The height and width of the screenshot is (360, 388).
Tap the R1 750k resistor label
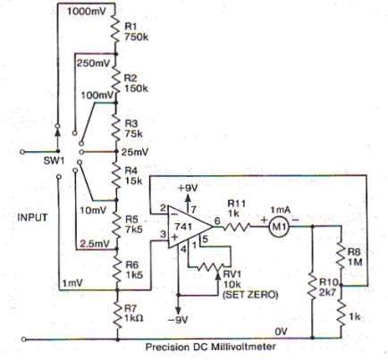pos(136,32)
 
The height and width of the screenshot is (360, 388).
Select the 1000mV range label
pos(87,12)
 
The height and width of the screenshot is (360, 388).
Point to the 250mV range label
pos(94,63)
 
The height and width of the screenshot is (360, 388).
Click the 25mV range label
pos(135,152)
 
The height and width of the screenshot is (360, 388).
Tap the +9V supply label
pos(188,188)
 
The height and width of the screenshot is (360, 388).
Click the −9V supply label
pos(178,320)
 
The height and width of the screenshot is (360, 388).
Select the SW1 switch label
pos(54,161)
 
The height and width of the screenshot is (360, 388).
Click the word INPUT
pos(32,217)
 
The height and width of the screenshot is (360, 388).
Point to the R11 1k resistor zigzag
pos(237,227)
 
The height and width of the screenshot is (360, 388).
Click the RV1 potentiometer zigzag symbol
pos(210,267)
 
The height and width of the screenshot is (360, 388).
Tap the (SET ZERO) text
pos(250,295)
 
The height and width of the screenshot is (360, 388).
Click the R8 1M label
pos(355,257)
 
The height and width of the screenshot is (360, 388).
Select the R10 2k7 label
pos(328,288)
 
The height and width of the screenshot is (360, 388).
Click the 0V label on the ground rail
pos(281,331)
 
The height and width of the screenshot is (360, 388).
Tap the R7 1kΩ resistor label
pos(134,314)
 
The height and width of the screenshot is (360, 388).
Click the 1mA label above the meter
pos(280,210)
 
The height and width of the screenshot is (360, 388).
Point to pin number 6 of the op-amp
pos(217,221)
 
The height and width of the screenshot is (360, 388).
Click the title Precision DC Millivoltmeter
pos(210,347)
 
